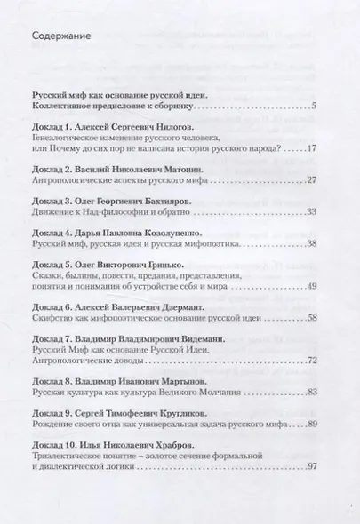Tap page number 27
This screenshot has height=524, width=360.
[x=324, y=179]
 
